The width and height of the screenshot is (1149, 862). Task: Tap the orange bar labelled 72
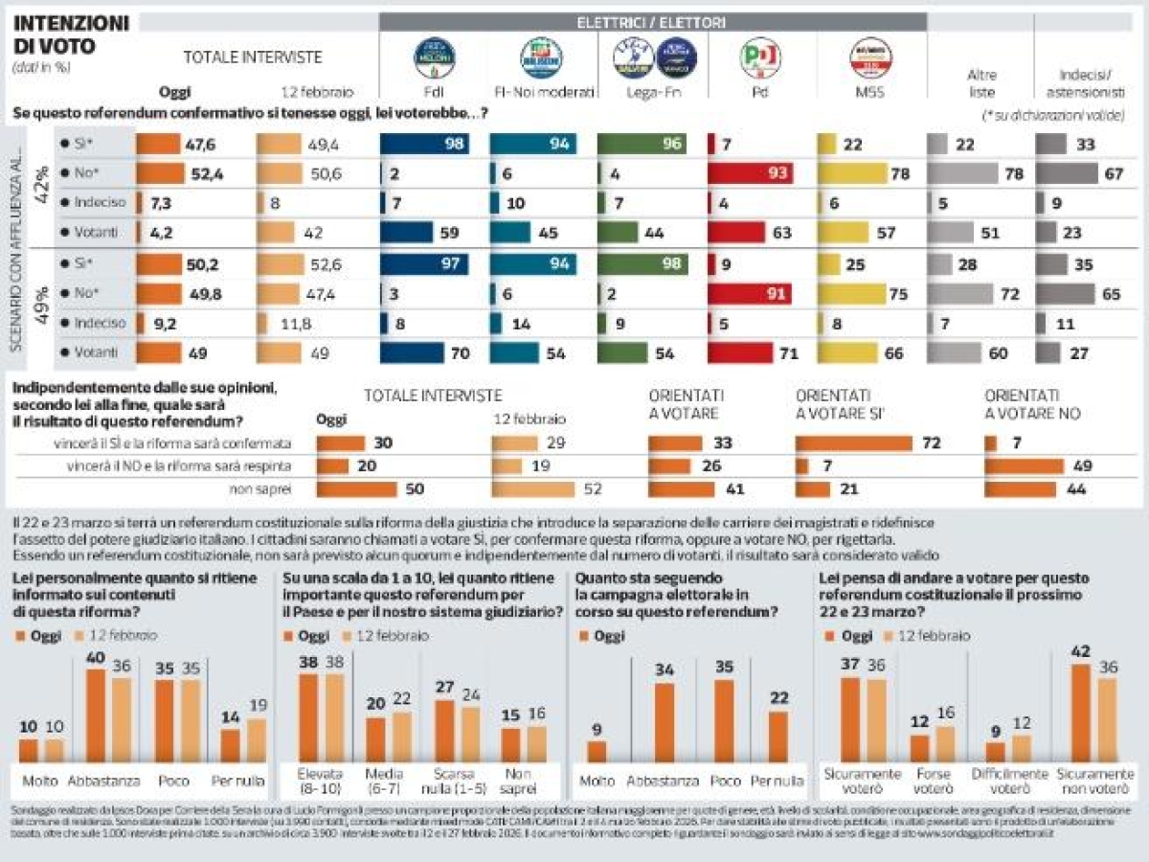coord(854,443)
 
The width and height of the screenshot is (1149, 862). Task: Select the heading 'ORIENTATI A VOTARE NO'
coord(1023,403)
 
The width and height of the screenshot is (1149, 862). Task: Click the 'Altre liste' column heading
coord(981,83)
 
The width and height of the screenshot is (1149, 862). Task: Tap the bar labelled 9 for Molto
coord(597,751)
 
